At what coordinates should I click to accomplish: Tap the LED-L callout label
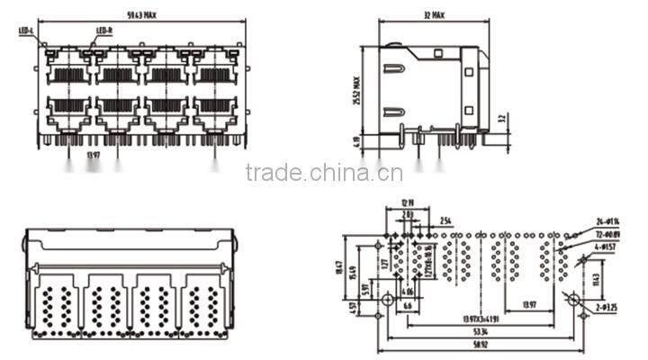[25, 31]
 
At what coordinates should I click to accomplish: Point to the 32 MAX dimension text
[432, 16]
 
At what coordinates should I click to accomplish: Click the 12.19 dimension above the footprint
[406, 203]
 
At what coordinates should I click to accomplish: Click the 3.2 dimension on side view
[503, 118]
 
